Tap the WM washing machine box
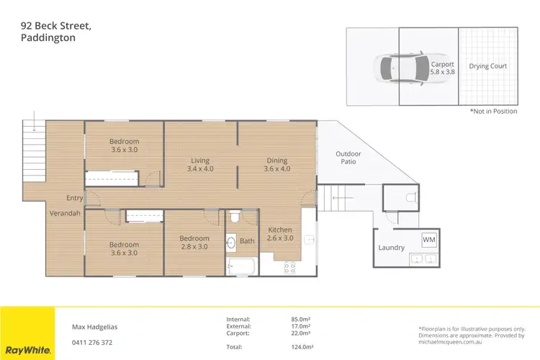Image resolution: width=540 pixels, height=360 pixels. click(x=429, y=239)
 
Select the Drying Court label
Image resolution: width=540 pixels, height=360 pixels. click(x=488, y=66)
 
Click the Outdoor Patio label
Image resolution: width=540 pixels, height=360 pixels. click(x=348, y=158)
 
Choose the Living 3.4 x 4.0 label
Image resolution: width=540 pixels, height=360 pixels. click(x=199, y=165)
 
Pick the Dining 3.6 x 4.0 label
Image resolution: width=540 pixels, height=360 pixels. click(x=276, y=165)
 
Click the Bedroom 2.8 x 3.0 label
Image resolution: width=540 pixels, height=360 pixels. click(x=194, y=243)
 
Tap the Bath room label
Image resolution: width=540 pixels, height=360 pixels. click(x=247, y=241)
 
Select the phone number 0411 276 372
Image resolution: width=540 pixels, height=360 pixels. click(x=92, y=342)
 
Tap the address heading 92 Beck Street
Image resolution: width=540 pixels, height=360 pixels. click(x=55, y=26)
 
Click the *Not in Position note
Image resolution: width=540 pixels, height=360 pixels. click(x=493, y=112)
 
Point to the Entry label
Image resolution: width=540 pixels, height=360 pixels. click(x=74, y=198)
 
